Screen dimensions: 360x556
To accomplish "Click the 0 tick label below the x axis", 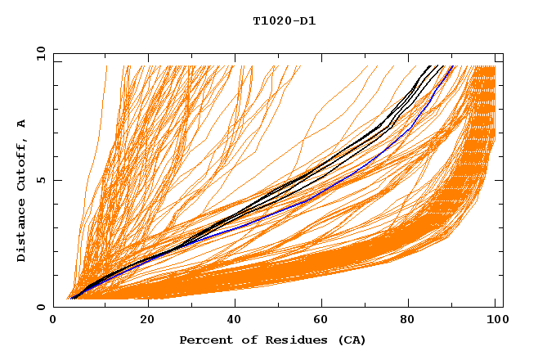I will click(54, 321).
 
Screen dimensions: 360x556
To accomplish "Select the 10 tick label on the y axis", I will click(41, 54).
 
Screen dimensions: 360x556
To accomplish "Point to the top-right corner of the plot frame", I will click(503, 54).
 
